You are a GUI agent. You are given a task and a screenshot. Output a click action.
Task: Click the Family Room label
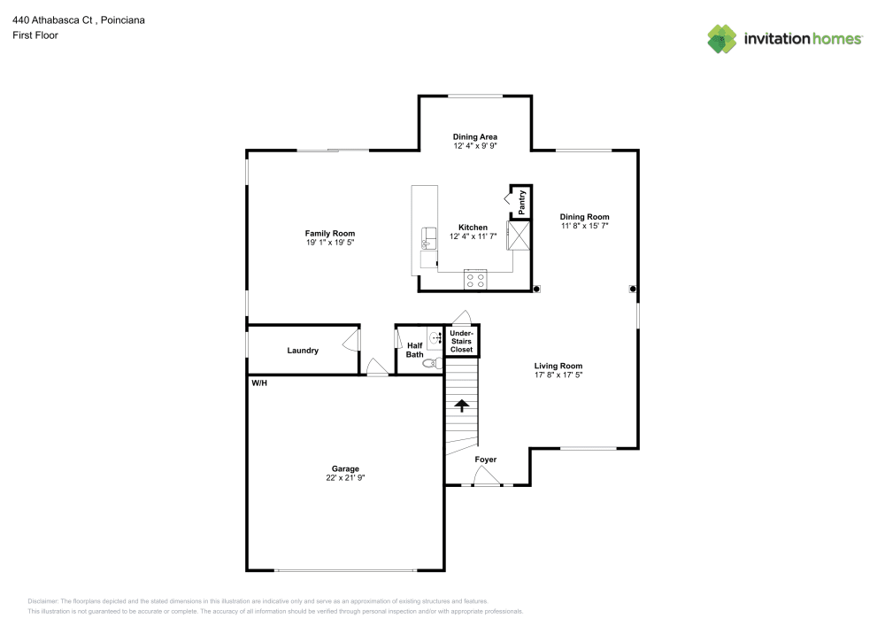click(x=329, y=233)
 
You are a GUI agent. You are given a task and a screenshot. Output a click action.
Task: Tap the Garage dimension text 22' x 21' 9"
click(x=345, y=477)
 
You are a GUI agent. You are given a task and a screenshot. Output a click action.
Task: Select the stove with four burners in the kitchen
click(x=475, y=280)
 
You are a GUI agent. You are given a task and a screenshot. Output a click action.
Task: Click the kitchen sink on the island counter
click(x=429, y=239)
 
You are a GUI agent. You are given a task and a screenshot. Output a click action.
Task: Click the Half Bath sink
click(x=435, y=338)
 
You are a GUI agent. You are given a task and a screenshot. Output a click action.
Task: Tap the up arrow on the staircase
click(x=462, y=406)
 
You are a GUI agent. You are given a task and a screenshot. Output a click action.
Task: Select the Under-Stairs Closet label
click(x=462, y=341)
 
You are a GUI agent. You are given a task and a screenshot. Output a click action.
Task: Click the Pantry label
click(x=522, y=202)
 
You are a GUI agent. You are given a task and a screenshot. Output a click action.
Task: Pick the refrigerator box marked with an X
click(x=519, y=236)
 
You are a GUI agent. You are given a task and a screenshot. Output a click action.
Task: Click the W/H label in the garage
click(x=259, y=383)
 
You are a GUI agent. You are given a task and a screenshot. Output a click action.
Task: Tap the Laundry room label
click(x=303, y=351)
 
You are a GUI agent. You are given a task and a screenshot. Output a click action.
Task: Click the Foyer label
click(x=485, y=460)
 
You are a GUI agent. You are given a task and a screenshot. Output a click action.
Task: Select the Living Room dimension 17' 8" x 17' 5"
click(x=558, y=375)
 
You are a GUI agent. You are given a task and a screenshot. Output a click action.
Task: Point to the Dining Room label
click(x=584, y=217)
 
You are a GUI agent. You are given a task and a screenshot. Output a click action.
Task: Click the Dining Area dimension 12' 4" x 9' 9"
click(x=475, y=145)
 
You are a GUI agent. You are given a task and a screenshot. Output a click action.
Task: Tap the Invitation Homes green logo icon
click(x=722, y=39)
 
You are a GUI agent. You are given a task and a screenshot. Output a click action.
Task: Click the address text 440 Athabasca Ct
click(x=52, y=20)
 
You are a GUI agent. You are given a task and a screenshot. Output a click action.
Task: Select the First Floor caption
click(x=35, y=35)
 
